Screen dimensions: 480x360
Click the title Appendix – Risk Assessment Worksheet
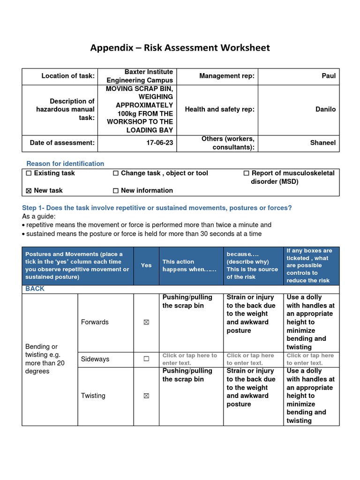[x=180, y=48]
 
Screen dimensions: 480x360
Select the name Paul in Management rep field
[x=328, y=76]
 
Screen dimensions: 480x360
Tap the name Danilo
[x=325, y=109]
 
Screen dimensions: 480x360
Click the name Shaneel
[x=323, y=142]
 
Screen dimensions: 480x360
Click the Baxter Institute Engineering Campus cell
[x=149, y=76]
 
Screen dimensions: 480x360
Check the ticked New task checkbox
[x=29, y=191]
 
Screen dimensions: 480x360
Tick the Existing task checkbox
[x=29, y=173]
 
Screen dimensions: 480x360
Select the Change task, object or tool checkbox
[x=116, y=173]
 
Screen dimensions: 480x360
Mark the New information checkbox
[x=116, y=191]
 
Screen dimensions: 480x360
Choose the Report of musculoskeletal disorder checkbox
[x=246, y=173]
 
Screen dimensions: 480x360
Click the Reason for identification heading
[x=65, y=164]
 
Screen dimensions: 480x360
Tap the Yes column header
[x=146, y=265]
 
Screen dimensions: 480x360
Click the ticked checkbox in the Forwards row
[x=146, y=322]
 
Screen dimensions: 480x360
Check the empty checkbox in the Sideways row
[x=146, y=359]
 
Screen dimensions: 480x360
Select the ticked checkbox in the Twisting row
[x=146, y=396]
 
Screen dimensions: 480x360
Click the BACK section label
[x=35, y=289]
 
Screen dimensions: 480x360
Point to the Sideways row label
[x=95, y=359]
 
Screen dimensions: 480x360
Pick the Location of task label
[x=68, y=76]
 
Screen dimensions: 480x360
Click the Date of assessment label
[x=62, y=142]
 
